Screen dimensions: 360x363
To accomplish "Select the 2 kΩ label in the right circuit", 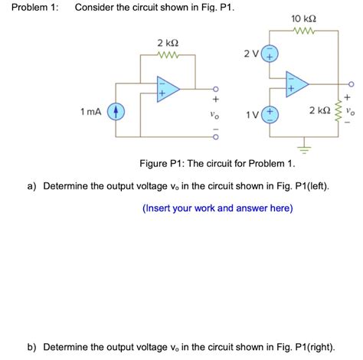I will tap(319, 113).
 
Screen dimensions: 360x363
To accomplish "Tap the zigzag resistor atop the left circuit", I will tap(168, 55).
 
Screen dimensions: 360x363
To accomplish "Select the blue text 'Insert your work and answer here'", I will tap(217, 208).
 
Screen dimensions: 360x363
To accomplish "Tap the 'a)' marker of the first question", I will tap(33, 186).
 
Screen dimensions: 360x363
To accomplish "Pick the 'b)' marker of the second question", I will tap(33, 346).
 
